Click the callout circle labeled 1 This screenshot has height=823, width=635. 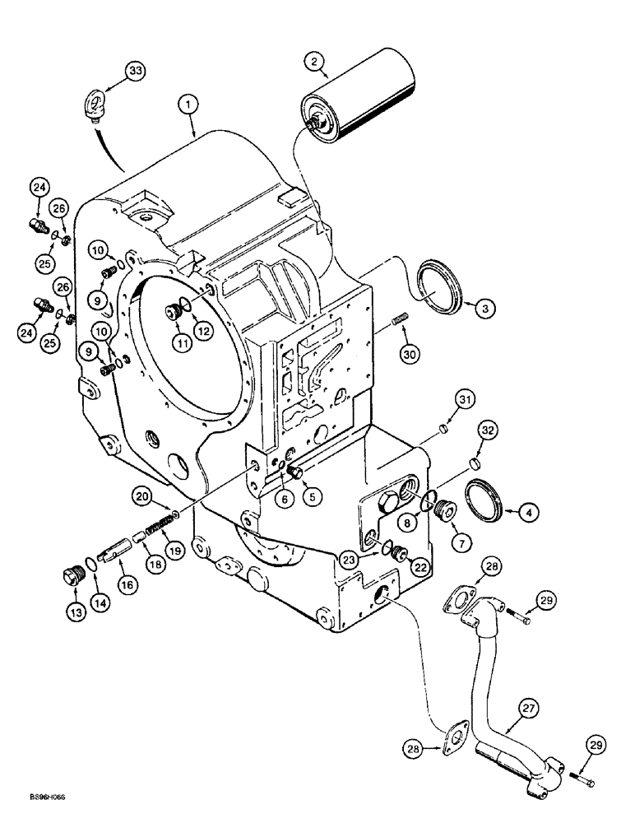coord(190,105)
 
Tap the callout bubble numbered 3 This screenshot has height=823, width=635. coord(485,309)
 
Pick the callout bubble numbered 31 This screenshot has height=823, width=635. coord(466,400)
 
